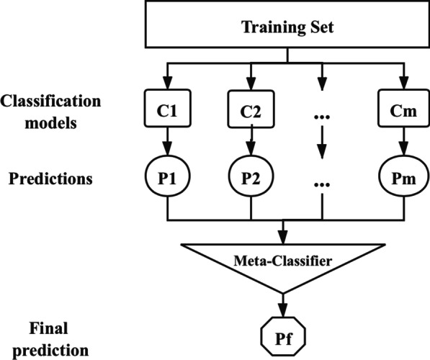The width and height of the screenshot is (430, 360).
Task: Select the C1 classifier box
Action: tap(167, 114)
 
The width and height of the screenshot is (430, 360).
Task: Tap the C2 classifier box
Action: tap(251, 114)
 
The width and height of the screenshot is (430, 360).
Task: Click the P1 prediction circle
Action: tap(167, 179)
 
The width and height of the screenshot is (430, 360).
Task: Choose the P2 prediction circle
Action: tap(251, 179)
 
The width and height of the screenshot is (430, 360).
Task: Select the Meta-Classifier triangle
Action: tap(282, 262)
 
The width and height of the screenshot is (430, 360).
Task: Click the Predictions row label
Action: tap(50, 179)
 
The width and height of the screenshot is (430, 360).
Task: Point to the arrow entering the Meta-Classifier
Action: tap(282, 231)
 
